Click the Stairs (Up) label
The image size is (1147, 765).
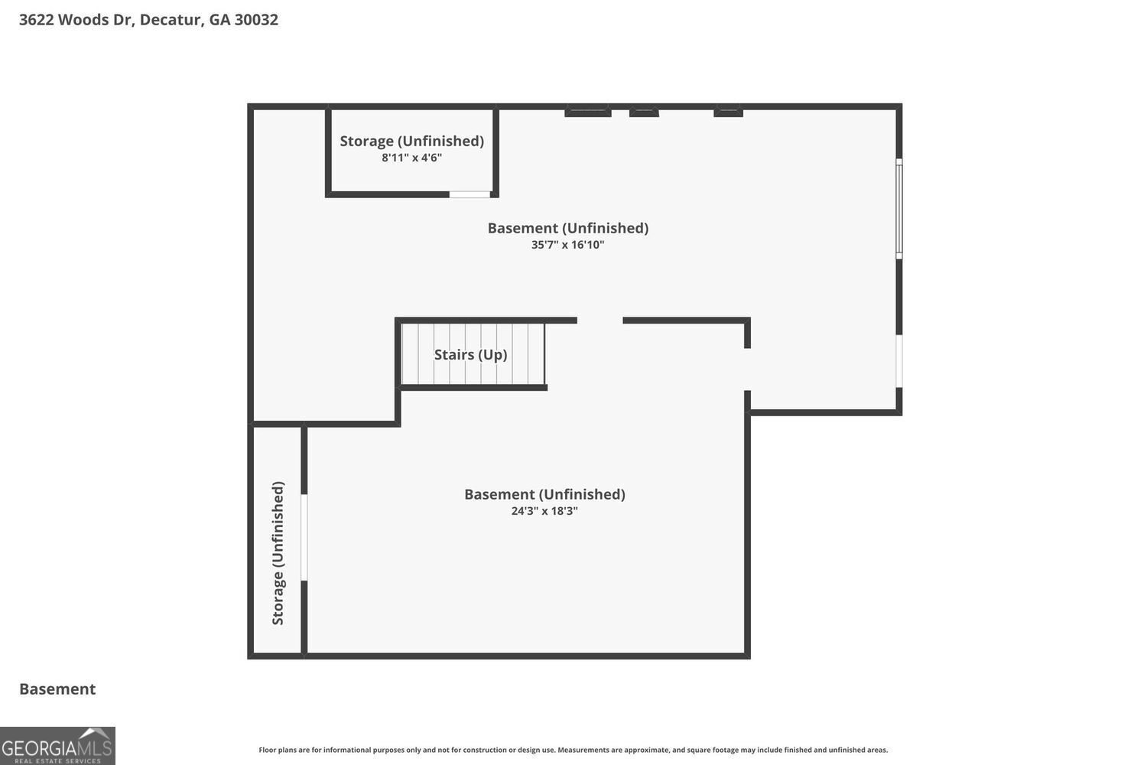[470, 354]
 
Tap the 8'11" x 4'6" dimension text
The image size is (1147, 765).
[411, 158]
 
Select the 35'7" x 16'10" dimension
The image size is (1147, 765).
[567, 245]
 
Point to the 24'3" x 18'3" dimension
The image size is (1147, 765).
[544, 511]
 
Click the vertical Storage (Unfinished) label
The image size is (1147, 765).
[278, 552]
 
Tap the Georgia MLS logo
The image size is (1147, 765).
[57, 746]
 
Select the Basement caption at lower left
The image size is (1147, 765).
[57, 688]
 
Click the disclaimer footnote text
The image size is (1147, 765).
[573, 750]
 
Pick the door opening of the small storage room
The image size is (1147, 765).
[470, 194]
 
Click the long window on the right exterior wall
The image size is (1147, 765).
[899, 208]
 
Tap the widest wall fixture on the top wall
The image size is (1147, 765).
[587, 112]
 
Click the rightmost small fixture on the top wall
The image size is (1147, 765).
[728, 112]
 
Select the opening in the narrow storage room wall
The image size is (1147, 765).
[304, 537]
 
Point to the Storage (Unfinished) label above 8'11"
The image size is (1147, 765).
[411, 141]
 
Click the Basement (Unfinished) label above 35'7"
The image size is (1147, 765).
[567, 228]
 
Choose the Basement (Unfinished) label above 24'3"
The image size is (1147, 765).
[544, 494]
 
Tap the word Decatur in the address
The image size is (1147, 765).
[171, 19]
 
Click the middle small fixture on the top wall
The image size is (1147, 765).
[644, 112]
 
